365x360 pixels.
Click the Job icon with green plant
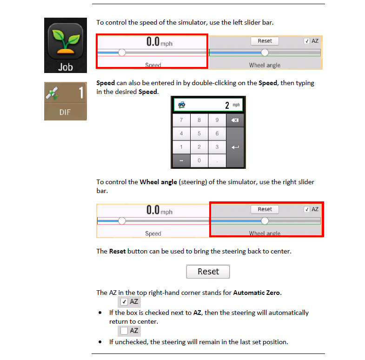[x=65, y=45]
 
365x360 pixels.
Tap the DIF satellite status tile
[x=65, y=101]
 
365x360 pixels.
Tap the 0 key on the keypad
[x=199, y=160]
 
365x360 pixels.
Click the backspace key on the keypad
[x=235, y=120]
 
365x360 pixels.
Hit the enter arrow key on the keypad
[x=235, y=147]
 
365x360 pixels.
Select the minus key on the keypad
[x=181, y=160]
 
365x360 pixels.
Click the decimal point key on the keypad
[x=217, y=160]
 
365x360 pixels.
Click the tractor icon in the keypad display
[x=181, y=105]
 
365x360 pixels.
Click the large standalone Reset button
[x=208, y=272]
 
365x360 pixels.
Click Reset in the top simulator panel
[x=265, y=41]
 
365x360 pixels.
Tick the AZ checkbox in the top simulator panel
[x=307, y=41]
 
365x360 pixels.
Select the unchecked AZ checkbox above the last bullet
[x=124, y=331]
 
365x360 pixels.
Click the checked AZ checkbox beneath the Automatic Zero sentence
[x=124, y=302]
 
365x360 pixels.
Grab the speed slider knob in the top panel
[x=122, y=53]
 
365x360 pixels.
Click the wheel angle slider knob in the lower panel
[x=265, y=221]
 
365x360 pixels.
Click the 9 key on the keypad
[x=217, y=120]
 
